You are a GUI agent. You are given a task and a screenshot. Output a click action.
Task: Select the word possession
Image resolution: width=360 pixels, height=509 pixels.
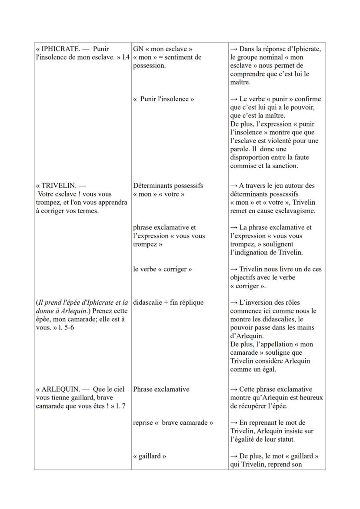coord(150,66)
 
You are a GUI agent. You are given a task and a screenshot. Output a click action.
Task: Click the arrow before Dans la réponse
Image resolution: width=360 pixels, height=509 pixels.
coord(234,49)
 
